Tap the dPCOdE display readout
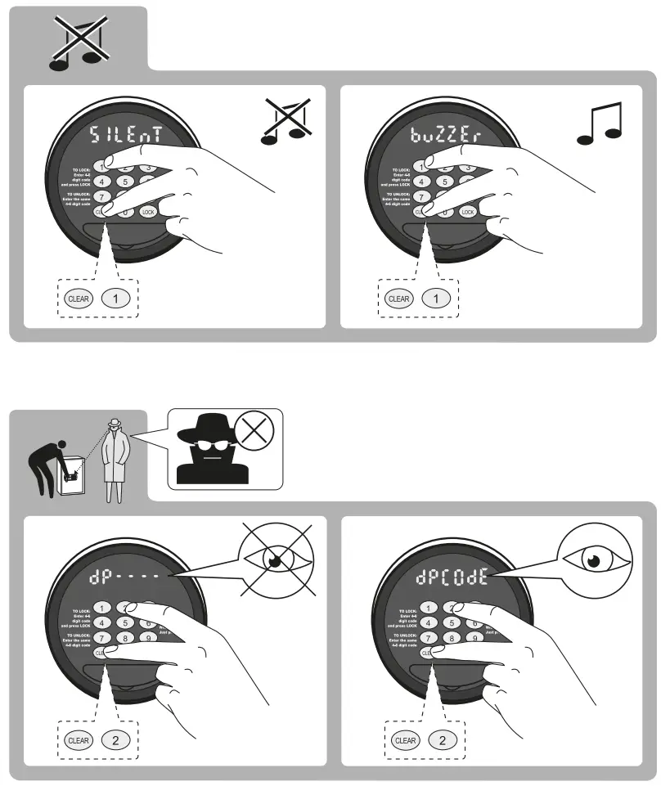(452, 577)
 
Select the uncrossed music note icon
(600, 124)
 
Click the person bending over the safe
(51, 462)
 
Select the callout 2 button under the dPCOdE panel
(443, 740)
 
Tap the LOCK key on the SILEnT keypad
(147, 212)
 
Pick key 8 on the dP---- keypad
(124, 638)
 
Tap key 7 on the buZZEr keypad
(421, 196)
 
